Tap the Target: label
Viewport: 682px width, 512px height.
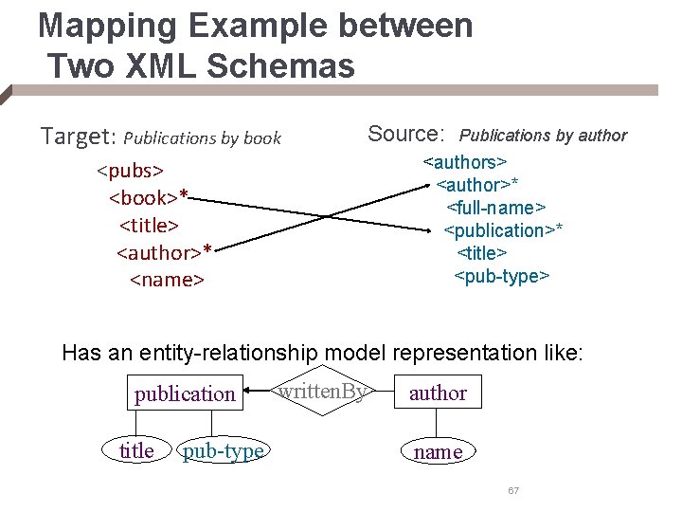coord(77,137)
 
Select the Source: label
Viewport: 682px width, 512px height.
coord(406,134)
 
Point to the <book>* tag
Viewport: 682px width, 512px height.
coord(150,198)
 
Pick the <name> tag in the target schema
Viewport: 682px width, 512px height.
coord(167,280)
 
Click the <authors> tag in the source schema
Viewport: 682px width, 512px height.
coord(465,162)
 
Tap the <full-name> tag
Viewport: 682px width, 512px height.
coord(495,207)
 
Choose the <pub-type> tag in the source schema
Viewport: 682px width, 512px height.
coord(502,276)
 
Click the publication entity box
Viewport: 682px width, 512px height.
coord(185,393)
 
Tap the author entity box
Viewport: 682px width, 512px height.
coord(438,392)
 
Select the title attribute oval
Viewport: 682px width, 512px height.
coord(136,451)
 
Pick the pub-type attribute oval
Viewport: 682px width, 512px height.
coord(223,451)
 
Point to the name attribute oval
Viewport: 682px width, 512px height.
coord(438,451)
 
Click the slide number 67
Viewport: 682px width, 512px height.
coord(513,490)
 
